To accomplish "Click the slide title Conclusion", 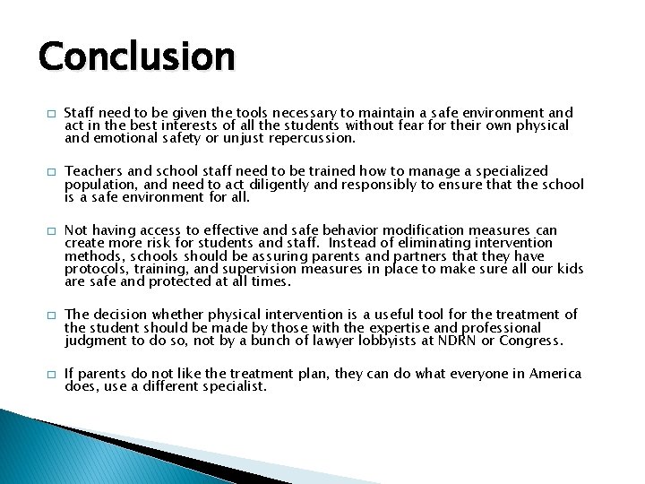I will pos(136,56).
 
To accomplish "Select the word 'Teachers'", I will pos(95,171).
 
